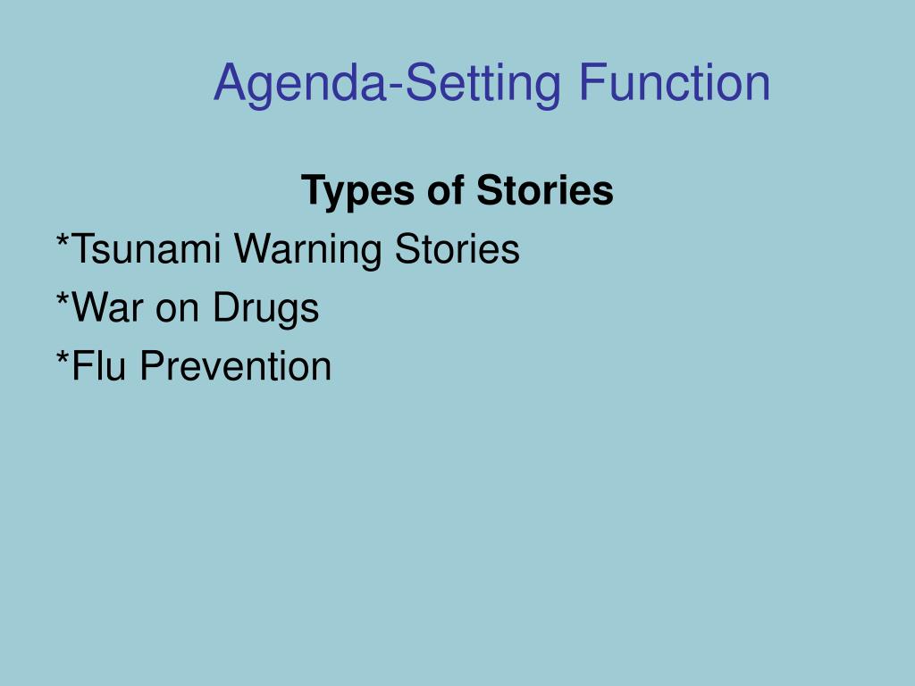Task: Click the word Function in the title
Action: pyautogui.click(x=675, y=83)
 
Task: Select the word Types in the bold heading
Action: pyautogui.click(x=357, y=192)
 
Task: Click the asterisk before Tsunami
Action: pyautogui.click(x=63, y=239)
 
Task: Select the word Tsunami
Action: pyautogui.click(x=146, y=248)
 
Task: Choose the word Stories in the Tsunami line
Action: pyautogui.click(x=457, y=248)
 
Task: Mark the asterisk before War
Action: pyautogui.click(x=63, y=298)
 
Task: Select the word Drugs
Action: pyautogui.click(x=265, y=309)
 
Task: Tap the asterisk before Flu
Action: pyautogui.click(x=63, y=357)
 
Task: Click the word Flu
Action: pyautogui.click(x=98, y=365)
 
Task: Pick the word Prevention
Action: pyautogui.click(x=236, y=365)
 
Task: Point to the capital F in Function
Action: pyautogui.click(x=592, y=82)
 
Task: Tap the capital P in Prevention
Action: pyautogui.click(x=153, y=365)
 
